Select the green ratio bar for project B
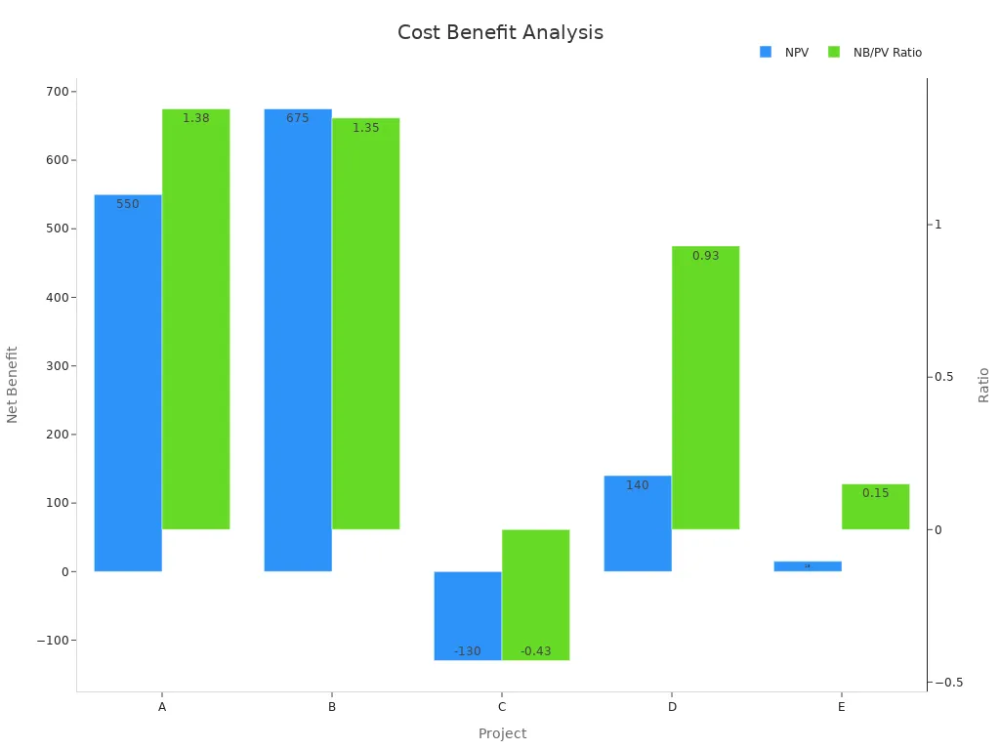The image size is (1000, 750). click(x=365, y=323)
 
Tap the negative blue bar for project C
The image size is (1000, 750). click(x=468, y=615)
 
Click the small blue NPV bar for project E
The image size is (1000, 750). click(x=807, y=566)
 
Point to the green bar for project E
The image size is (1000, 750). click(x=875, y=507)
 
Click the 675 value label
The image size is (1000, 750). click(x=298, y=118)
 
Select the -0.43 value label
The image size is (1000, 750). click(x=535, y=651)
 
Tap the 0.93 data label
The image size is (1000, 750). click(x=705, y=256)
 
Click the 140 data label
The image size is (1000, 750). click(x=638, y=485)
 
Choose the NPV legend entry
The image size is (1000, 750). click(x=784, y=53)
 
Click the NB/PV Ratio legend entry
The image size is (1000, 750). click(x=875, y=53)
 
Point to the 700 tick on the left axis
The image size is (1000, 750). click(x=57, y=92)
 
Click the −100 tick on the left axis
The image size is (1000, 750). click(x=51, y=641)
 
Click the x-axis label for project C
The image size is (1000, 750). click(x=502, y=706)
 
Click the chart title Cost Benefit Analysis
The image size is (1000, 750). click(x=500, y=32)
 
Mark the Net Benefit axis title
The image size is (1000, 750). click(x=13, y=384)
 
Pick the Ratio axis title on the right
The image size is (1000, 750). click(x=983, y=385)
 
